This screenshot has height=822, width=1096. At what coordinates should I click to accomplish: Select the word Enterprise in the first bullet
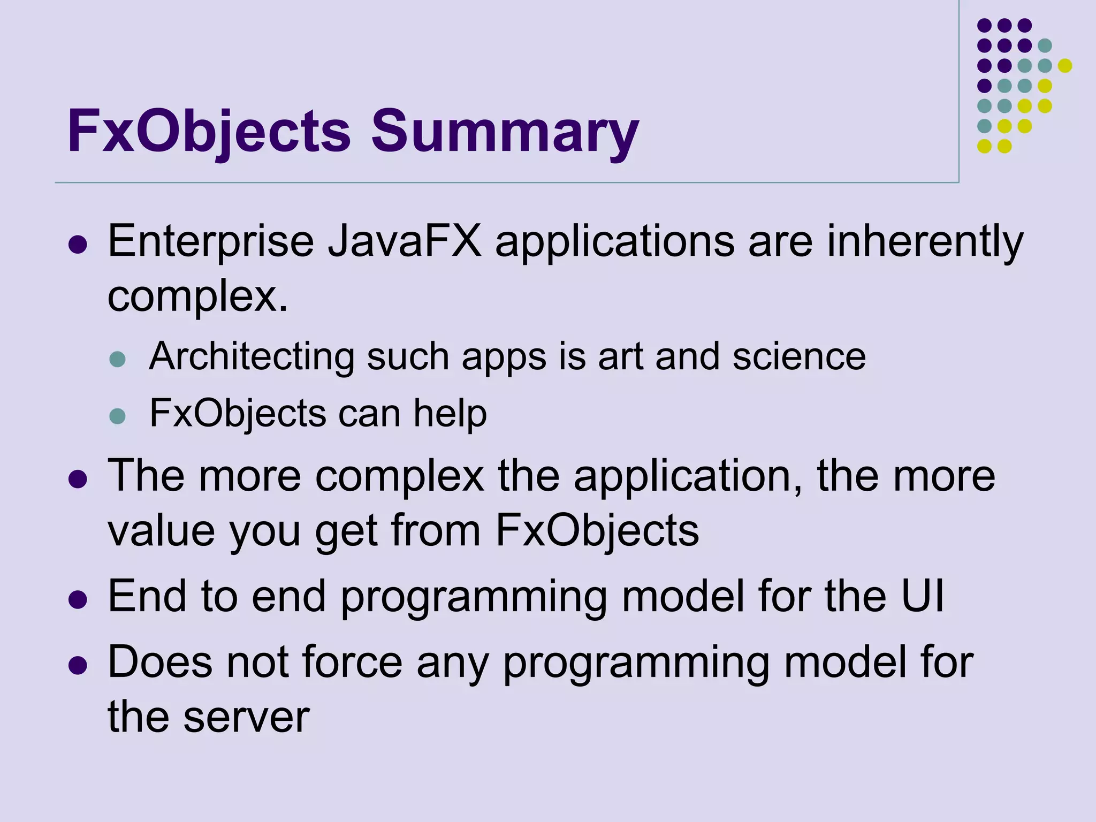pos(211,242)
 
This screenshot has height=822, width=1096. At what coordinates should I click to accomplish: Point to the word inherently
pos(925,242)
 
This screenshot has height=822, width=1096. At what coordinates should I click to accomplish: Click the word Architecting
pos(252,356)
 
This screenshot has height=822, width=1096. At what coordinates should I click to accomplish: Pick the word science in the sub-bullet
pos(799,356)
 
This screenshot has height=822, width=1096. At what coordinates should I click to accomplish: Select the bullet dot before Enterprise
pos(78,245)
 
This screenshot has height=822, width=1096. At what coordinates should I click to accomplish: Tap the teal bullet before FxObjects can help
pos(117,416)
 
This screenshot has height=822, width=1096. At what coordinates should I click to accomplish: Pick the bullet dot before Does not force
pos(78,665)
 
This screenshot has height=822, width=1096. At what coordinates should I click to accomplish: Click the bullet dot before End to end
pos(78,599)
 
